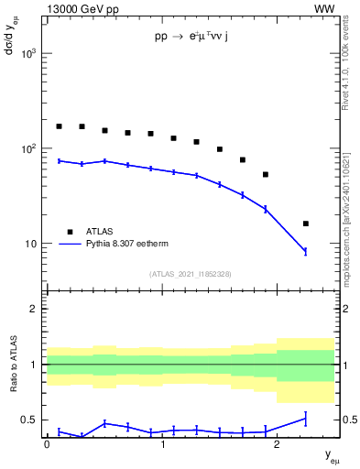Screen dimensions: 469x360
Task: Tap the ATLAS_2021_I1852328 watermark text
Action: click(x=190, y=274)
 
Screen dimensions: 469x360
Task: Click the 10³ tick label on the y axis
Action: click(x=28, y=54)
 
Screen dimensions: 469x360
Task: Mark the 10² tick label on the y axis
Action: click(x=28, y=148)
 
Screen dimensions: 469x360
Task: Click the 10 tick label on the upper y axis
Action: click(x=31, y=244)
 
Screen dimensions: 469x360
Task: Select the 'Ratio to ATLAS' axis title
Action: click(x=13, y=365)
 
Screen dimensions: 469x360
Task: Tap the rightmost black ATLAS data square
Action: click(x=306, y=224)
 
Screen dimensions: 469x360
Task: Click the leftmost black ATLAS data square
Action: click(x=60, y=126)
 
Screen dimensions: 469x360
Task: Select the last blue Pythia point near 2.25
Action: click(x=306, y=251)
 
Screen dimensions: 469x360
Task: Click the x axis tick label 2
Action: click(x=278, y=444)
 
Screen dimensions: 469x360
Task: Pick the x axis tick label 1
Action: click(x=162, y=444)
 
